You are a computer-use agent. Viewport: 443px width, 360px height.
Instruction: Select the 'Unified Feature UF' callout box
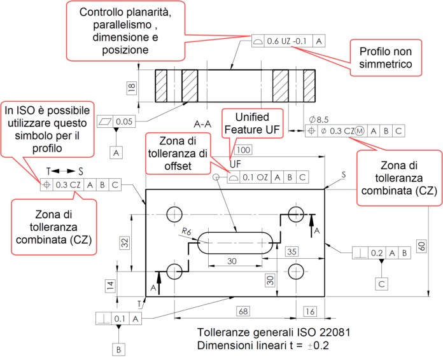click(x=252, y=125)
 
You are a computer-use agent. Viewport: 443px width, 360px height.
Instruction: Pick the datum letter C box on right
click(x=381, y=283)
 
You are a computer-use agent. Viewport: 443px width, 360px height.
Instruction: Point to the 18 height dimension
click(x=131, y=88)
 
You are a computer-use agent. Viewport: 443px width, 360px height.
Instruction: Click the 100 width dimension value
click(x=243, y=150)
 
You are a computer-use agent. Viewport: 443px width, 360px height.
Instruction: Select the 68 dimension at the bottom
click(x=243, y=312)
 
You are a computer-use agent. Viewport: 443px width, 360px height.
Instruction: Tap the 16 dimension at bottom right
click(x=310, y=312)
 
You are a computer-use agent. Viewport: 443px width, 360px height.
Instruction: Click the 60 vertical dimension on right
click(x=421, y=246)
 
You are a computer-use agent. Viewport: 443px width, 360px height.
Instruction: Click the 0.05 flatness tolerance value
click(x=125, y=121)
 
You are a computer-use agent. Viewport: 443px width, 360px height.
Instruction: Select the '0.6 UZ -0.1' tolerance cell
click(x=288, y=41)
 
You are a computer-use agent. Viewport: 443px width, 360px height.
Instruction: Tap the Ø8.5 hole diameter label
click(x=318, y=120)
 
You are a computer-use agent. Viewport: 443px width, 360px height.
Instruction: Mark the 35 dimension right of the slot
click(x=292, y=252)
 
